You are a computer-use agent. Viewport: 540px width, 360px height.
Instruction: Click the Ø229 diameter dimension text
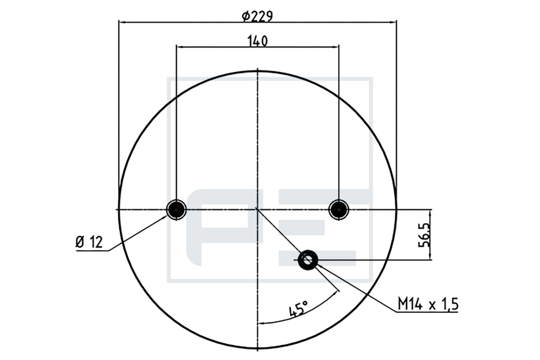pyautogui.click(x=257, y=17)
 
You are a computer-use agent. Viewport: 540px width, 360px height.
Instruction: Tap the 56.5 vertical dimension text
pyautogui.click(x=424, y=235)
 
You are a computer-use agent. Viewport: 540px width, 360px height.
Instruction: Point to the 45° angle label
pyautogui.click(x=298, y=308)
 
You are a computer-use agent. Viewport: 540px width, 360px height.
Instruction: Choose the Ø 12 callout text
pyautogui.click(x=89, y=242)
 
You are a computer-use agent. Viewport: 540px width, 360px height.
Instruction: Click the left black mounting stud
pyautogui.click(x=176, y=210)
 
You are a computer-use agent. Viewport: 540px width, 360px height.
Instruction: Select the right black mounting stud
pyautogui.click(x=339, y=210)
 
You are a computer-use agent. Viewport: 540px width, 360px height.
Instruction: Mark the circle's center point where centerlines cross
pyautogui.click(x=258, y=210)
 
